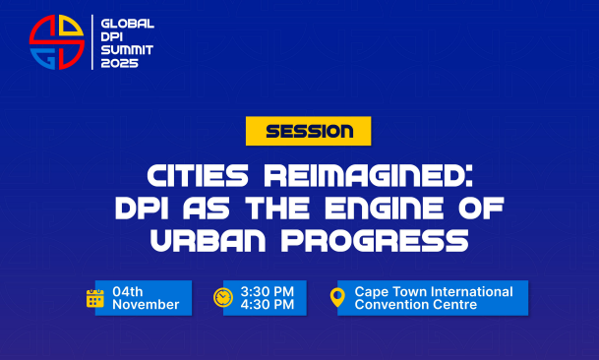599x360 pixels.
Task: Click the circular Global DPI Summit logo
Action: [56, 42]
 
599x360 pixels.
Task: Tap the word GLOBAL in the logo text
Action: [127, 24]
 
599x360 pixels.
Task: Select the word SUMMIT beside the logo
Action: [127, 50]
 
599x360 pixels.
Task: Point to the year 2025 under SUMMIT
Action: [119, 63]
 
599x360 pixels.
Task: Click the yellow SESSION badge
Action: [308, 131]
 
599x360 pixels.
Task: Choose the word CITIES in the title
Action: [198, 175]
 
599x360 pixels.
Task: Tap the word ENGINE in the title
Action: [385, 208]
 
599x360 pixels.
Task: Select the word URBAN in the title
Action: [208, 241]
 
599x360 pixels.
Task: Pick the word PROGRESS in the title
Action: [375, 241]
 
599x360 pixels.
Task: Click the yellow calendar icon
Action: [95, 298]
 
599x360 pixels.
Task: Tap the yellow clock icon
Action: [223, 297]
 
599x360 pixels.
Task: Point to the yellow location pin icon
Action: [337, 297]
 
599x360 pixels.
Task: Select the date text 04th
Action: [128, 291]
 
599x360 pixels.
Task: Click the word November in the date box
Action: [146, 305]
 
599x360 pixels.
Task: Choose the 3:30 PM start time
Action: [268, 291]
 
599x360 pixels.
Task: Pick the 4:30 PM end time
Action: [268, 305]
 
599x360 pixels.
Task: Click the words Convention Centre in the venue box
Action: [416, 305]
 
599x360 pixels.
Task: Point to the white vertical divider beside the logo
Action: [92, 42]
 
